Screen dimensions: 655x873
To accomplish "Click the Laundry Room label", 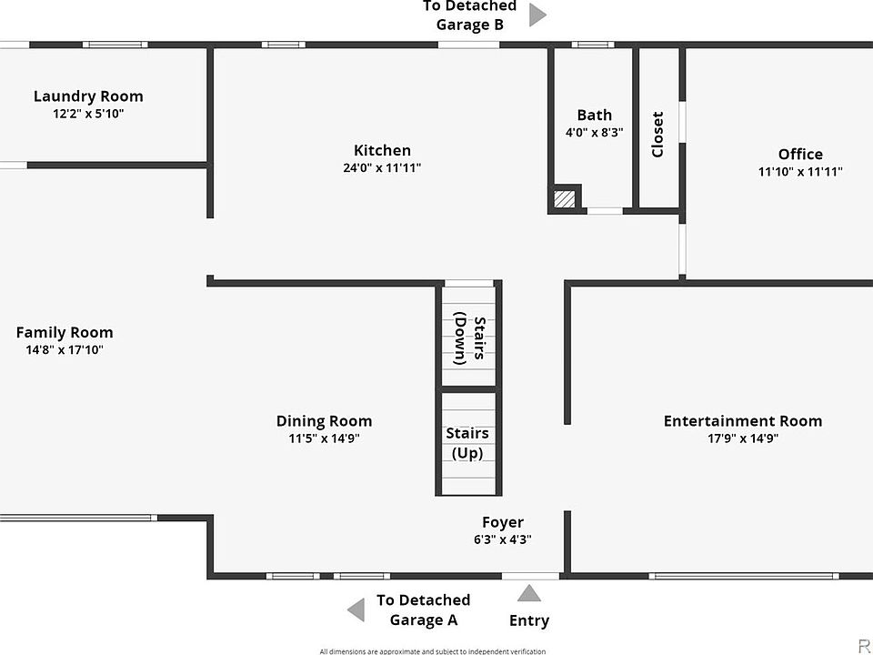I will (88, 96).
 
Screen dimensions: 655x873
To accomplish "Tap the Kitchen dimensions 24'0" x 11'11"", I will (382, 168).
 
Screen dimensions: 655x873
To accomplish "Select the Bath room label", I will (594, 116).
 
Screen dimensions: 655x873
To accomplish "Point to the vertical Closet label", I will (657, 134).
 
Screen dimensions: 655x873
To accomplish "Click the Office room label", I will (800, 155).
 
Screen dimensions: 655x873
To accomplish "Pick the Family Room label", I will (65, 333).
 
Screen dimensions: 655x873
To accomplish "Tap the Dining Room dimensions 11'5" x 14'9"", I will (325, 438).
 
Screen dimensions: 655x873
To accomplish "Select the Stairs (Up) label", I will (467, 443).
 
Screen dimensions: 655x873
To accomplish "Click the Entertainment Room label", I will (742, 421).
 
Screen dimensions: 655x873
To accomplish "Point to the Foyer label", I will (503, 522).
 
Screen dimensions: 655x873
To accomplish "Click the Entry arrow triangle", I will (529, 594).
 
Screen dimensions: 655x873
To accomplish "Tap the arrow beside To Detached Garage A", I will (356, 610).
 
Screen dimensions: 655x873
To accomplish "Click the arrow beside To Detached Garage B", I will (537, 15).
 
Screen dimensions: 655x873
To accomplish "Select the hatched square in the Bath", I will (565, 198).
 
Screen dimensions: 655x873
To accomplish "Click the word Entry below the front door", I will (529, 621).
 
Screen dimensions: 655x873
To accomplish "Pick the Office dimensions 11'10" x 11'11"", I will (800, 172).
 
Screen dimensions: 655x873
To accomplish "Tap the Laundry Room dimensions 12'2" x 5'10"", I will (88, 114).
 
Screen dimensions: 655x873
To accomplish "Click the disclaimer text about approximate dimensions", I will (432, 651).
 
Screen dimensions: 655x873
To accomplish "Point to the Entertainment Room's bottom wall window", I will (743, 575).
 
